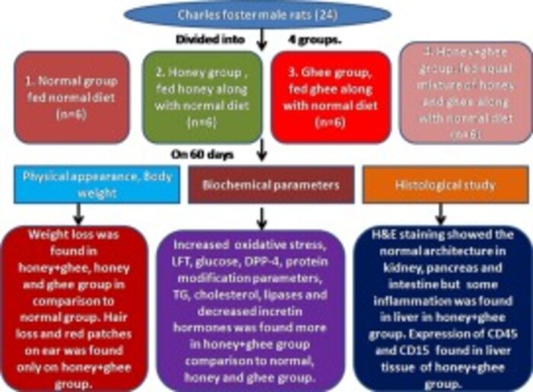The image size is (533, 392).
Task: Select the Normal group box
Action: [66, 97]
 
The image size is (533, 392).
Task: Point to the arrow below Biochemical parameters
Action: [263, 216]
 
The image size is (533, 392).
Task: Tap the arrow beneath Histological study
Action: [441, 213]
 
